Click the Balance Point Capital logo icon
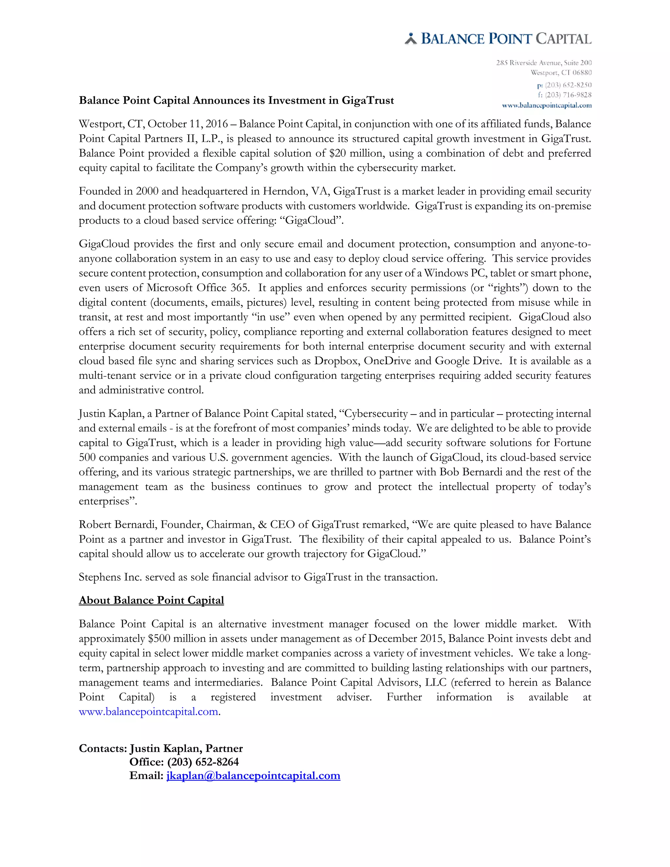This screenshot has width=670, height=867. [411, 39]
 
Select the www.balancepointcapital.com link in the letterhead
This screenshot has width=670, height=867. [547, 106]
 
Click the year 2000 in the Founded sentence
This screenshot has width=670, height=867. [147, 192]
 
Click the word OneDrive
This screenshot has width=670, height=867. [387, 361]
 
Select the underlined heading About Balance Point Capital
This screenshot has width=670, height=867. [151, 600]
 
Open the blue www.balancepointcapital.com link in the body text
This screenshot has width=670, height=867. [149, 712]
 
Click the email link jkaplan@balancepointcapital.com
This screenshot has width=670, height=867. [253, 776]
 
